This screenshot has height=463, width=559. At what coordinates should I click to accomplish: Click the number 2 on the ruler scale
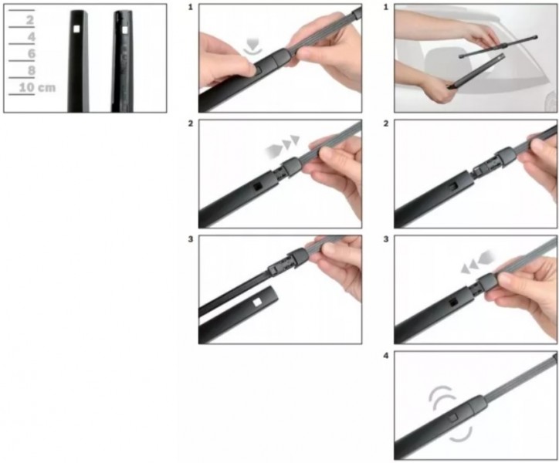(30, 20)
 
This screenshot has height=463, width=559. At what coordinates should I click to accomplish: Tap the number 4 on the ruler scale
(32, 37)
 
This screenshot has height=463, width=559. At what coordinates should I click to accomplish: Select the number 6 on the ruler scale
(32, 53)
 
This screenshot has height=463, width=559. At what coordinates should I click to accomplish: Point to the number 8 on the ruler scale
(32, 70)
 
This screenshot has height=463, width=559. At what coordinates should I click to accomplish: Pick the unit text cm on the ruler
(47, 88)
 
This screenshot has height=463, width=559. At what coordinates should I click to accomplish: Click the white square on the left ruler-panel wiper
(76, 29)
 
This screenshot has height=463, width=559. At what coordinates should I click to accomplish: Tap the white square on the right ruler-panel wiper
(125, 30)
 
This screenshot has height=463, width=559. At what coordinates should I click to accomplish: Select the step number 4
(386, 356)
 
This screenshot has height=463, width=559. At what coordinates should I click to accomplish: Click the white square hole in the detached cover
(257, 302)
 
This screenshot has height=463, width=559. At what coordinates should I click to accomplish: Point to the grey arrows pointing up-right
(282, 146)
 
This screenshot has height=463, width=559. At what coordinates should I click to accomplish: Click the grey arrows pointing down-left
(477, 262)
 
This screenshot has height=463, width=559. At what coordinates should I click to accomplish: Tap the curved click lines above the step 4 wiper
(442, 397)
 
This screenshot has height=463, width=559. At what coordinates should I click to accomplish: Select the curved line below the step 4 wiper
(461, 435)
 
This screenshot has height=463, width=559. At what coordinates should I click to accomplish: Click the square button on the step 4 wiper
(452, 417)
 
